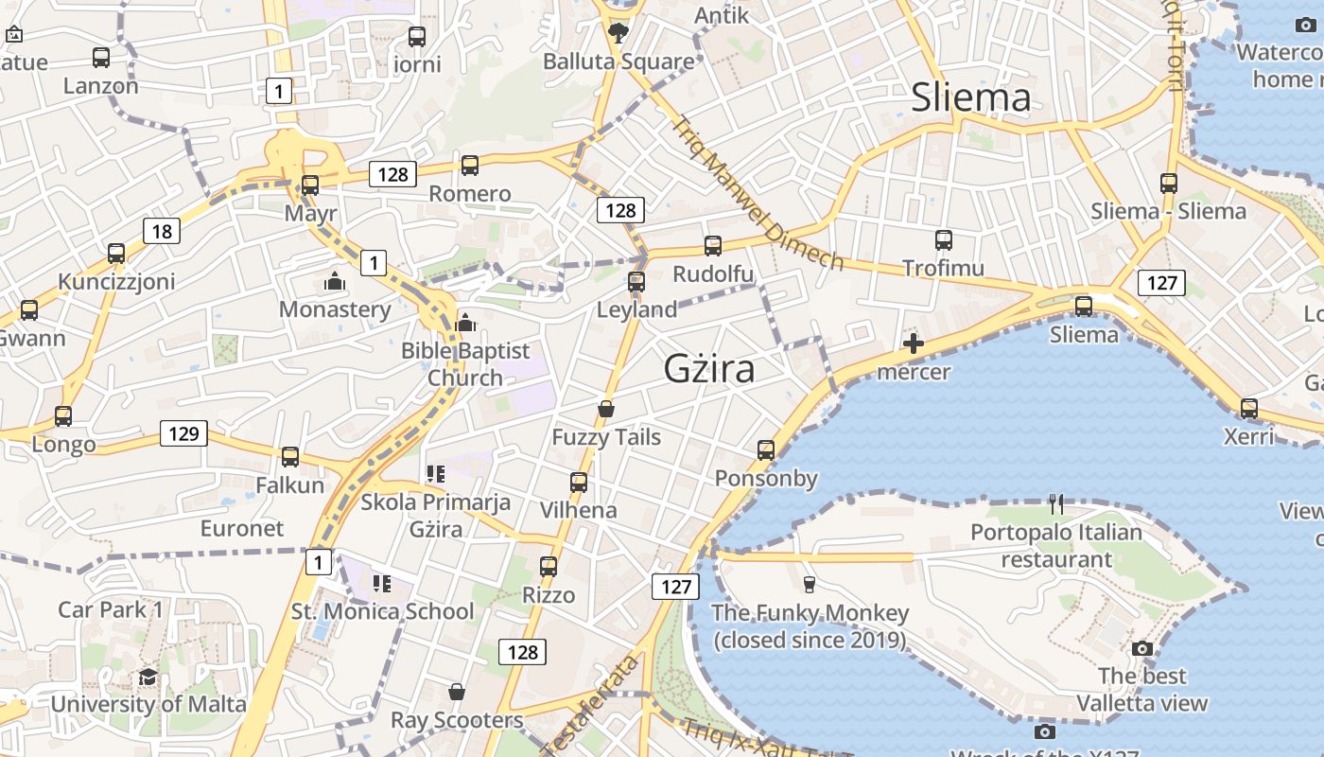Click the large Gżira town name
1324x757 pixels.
tap(709, 368)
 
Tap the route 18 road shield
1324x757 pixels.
tap(162, 231)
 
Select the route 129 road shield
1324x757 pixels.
tap(183, 433)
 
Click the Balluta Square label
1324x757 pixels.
tap(618, 62)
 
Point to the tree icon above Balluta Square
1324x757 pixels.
tap(618, 34)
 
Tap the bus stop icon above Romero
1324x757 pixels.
tap(470, 166)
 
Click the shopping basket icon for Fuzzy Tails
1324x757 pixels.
tap(606, 409)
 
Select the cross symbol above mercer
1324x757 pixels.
tap(914, 343)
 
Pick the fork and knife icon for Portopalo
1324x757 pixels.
tap(1056, 504)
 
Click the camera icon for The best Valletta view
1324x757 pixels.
tap(1142, 648)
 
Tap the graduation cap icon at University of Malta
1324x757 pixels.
tap(148, 677)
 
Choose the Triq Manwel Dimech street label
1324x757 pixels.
tap(757, 192)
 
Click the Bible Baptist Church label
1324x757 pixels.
tap(465, 364)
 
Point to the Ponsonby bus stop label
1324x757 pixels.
tap(766, 478)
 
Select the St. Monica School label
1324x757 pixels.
tap(382, 611)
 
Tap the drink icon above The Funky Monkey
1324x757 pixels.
tap(809, 584)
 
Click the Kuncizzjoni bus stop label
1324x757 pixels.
tap(116, 281)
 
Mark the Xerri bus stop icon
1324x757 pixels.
tap(1249, 409)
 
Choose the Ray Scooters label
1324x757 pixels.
tap(457, 720)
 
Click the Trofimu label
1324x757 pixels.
tap(943, 268)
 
